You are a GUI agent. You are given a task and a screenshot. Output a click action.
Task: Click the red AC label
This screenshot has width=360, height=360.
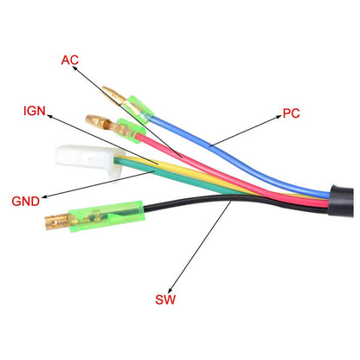(70, 60)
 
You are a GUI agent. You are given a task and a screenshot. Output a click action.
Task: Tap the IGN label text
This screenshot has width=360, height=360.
(35, 111)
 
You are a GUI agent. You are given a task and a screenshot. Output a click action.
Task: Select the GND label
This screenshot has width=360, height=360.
(26, 201)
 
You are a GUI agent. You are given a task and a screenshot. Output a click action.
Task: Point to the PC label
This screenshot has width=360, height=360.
(291, 113)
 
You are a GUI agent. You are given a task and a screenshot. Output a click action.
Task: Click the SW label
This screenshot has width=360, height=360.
(165, 299)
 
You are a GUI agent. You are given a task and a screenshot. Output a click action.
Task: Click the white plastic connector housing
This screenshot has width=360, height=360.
(88, 160)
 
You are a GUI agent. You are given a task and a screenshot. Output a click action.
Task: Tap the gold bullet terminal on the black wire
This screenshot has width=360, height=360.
(57, 222)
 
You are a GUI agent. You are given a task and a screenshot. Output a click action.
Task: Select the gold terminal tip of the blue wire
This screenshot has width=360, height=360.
(115, 96)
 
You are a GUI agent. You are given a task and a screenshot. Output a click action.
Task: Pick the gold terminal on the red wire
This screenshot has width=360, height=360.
(100, 122)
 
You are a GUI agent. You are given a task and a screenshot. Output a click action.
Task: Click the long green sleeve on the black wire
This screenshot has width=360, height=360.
(106, 216)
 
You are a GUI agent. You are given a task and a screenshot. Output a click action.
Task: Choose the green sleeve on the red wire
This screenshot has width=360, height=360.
(130, 130)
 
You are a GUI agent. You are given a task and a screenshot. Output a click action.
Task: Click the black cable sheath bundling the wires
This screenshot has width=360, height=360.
(342, 201)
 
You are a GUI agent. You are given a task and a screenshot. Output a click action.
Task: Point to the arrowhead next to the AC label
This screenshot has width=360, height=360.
(74, 68)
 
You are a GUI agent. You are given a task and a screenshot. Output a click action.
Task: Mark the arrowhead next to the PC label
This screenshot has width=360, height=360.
(278, 117)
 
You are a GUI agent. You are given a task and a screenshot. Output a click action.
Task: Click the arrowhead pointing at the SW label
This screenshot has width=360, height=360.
(170, 290)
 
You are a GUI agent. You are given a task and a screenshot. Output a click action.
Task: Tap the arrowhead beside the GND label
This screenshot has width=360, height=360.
(45, 197)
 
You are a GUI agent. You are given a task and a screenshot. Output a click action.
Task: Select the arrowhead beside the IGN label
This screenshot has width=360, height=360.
(50, 116)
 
